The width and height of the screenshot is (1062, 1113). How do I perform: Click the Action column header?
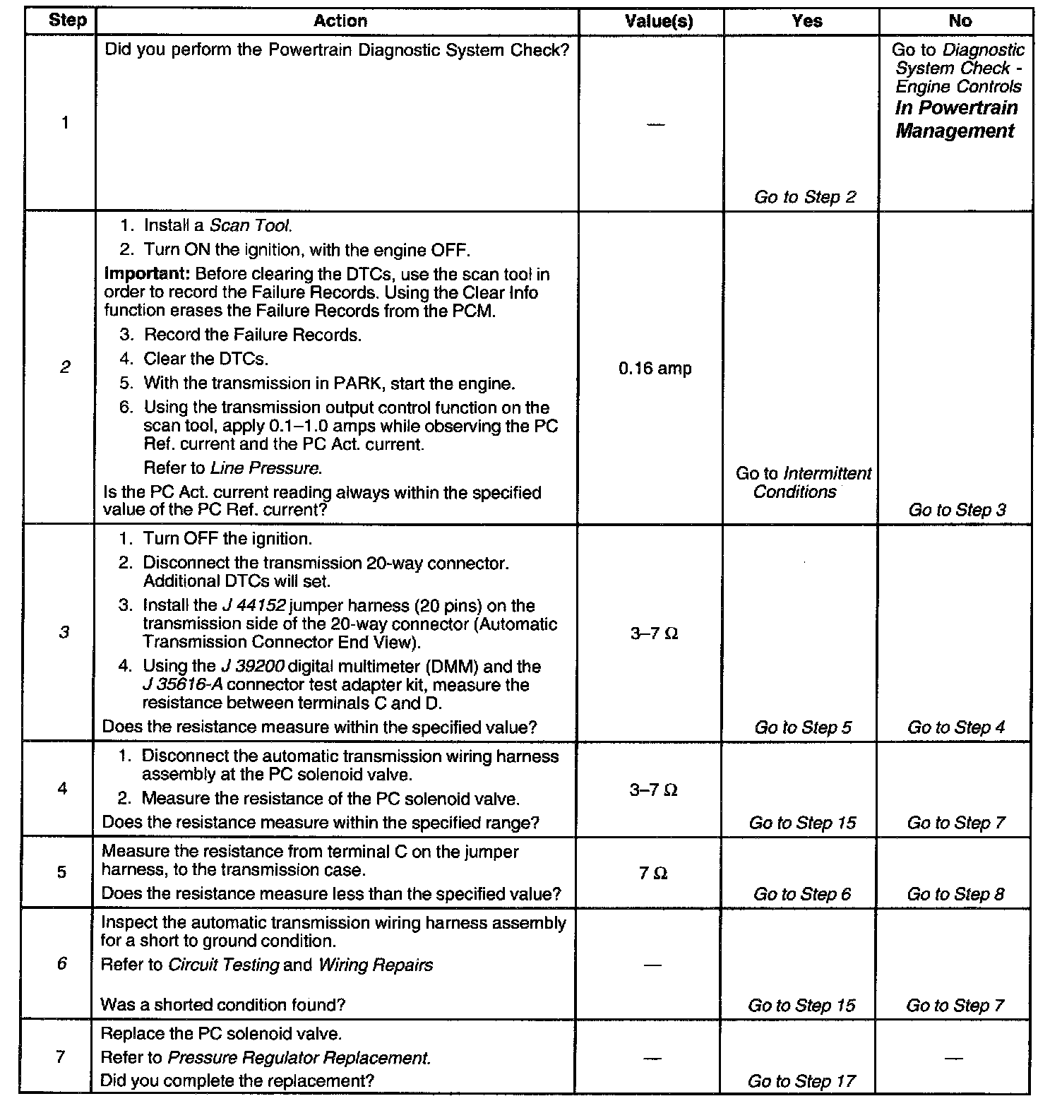point(340,21)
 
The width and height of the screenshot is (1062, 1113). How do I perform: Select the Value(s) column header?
point(659,21)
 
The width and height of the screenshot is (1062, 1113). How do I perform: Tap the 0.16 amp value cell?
point(655,369)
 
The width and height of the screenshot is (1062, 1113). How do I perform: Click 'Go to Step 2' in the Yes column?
point(804,197)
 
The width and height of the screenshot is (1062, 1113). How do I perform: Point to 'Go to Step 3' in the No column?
point(957,510)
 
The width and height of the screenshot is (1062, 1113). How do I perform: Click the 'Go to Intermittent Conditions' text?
point(803,483)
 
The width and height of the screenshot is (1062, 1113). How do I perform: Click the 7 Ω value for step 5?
point(653,874)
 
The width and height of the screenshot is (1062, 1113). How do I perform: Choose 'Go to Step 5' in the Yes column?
point(803,727)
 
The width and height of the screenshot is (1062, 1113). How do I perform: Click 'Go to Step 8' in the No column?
point(955,894)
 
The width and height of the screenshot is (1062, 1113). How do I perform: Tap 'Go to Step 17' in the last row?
point(801,1081)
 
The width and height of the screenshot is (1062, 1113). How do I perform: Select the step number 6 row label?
point(62,963)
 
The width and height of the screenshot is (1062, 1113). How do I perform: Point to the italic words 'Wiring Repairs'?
point(376,965)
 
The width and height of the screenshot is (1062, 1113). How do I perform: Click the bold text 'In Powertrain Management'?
point(956,119)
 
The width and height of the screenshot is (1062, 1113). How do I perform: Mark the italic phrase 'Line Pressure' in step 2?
point(266,468)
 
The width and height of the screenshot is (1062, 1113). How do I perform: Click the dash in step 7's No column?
point(953,1059)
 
